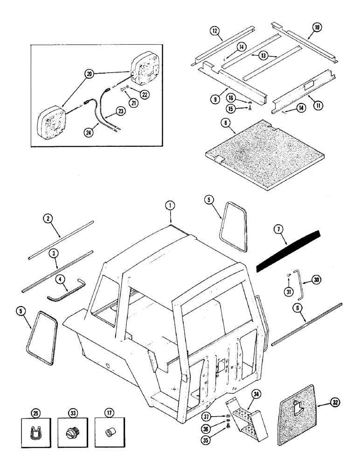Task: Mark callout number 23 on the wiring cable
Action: [121, 111]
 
